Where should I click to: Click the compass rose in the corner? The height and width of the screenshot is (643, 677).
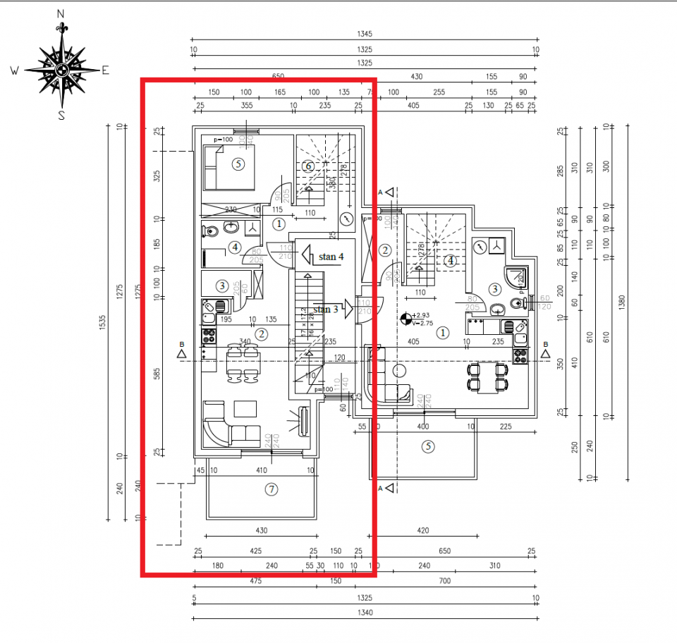coord(61,69)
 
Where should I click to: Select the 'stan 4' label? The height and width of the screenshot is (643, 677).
coord(331,257)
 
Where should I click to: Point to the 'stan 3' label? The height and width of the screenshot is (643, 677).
coord(325,310)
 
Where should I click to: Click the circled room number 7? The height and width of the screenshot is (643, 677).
coord(271,489)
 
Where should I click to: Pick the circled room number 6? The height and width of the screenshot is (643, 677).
coord(307,166)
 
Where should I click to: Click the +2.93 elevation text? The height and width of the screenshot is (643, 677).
coord(423,315)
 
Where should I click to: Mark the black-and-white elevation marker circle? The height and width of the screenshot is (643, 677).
coord(405,319)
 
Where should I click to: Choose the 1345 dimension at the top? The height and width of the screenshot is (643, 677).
coord(365,34)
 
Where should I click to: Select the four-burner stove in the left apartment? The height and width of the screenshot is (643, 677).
coord(209,334)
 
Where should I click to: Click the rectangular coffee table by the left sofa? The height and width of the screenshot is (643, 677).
coord(246,408)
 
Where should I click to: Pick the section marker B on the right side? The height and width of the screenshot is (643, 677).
coord(545,350)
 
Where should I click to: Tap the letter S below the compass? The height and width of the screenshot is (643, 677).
coord(61,116)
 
